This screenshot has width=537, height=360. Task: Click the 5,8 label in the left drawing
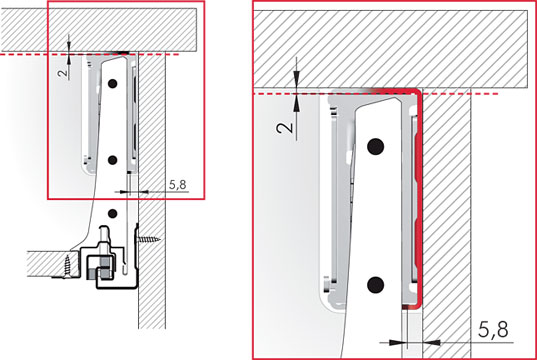pos(178,185)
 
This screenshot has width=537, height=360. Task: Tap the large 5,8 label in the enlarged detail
pos(493,330)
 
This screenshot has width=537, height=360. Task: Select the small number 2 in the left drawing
pos(63,74)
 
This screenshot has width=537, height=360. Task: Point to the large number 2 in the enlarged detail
pos(285,128)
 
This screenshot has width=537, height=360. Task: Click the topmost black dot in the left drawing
pos(112,83)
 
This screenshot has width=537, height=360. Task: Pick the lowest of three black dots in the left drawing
pos(112,214)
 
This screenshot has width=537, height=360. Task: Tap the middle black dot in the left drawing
pos(112,160)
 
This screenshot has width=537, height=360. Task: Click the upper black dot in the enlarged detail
pos(375,147)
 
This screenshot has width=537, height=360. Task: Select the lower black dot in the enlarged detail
pos(375,285)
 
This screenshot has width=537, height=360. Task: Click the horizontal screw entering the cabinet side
pos(149,239)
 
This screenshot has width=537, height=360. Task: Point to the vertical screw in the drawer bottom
pos(67,266)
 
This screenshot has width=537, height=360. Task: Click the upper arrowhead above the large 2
pos(297,75)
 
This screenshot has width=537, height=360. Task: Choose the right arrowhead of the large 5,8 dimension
pos(432,342)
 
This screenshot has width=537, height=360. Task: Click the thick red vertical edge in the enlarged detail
pos(420,199)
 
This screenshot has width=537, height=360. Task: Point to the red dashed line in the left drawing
pos(90,54)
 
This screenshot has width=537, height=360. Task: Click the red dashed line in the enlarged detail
pos(376,93)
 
